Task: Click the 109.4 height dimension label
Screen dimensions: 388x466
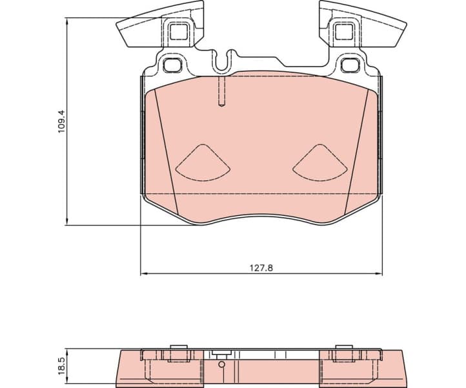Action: coord(61,122)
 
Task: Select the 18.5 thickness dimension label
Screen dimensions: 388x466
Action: coord(61,365)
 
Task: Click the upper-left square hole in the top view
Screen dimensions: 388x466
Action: coord(178,30)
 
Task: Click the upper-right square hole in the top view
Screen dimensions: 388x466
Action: coord(342,30)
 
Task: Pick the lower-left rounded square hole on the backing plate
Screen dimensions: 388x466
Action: coord(172,65)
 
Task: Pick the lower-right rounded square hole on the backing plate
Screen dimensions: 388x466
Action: coord(349,65)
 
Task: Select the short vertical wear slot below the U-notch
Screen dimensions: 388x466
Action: coord(221,92)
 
